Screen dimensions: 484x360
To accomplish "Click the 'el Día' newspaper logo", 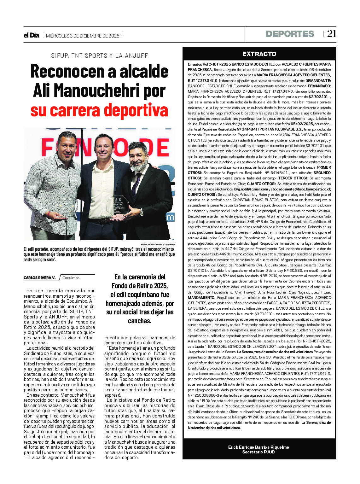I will click(x=31, y=35).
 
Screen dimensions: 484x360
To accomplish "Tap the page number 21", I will click(x=332, y=34).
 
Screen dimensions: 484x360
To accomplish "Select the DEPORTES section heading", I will click(x=290, y=34).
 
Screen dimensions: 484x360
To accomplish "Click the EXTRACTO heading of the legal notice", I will click(x=259, y=54).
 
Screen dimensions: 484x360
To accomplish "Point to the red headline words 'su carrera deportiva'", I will click(x=99, y=110).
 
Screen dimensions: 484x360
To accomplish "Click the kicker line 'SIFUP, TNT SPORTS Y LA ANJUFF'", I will click(x=99, y=56).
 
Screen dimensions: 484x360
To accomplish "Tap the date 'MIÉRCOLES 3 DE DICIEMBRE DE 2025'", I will click(x=83, y=36).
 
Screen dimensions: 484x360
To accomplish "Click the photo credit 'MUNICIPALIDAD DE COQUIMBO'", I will click(x=158, y=244).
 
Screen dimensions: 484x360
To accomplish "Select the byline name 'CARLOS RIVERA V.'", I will click(x=39, y=278).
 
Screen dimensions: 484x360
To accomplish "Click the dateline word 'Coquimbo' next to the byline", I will click(x=71, y=278).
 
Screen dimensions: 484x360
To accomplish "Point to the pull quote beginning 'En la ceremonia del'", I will click(x=140, y=299).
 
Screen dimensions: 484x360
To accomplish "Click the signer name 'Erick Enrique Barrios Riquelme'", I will click(x=258, y=447).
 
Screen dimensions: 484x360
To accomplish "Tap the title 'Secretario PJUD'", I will click(x=258, y=452).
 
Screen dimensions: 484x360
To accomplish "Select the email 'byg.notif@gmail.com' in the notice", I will click(x=251, y=189).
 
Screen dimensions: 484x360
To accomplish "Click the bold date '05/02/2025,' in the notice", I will click(x=302, y=124).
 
